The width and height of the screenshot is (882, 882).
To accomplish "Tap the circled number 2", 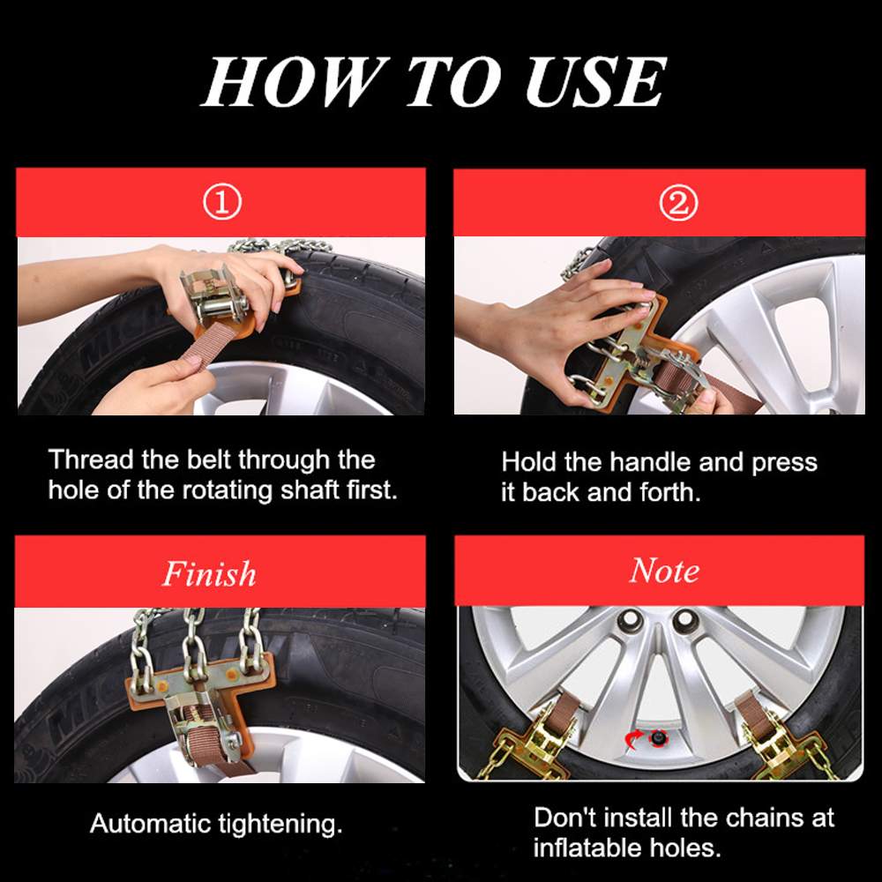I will tap(677, 205).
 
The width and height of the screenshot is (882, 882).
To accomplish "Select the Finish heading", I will tap(209, 574).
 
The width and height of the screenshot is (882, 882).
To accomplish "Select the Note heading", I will tap(664, 571).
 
